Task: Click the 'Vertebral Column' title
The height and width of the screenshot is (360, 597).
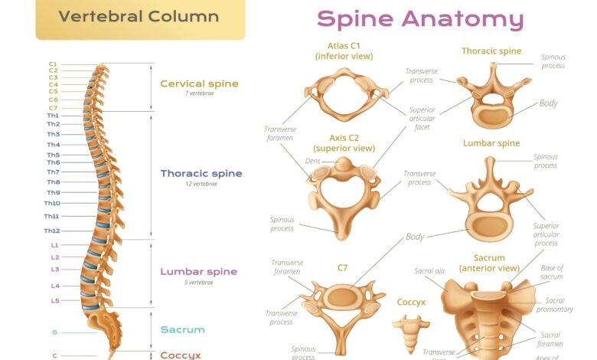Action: pos(139,16)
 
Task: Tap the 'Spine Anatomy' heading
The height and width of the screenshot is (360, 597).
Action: pos(420,19)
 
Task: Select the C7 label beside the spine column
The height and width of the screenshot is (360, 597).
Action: pos(53,108)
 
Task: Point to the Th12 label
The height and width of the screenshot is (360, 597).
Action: pos(52,231)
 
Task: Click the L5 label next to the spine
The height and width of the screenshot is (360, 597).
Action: pos(55,301)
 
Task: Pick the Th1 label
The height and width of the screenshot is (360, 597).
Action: pos(53,116)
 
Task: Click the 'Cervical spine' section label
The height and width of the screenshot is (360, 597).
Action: pos(199,83)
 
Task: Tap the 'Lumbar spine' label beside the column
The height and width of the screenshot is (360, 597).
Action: pos(198,271)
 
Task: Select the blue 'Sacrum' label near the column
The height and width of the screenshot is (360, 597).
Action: pos(182,329)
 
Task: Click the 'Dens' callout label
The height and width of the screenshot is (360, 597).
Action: pos(312,161)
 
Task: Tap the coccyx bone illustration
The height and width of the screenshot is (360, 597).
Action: pos(411,330)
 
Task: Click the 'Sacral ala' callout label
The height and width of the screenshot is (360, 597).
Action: pos(429,271)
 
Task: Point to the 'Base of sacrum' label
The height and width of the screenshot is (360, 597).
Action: pos(552,272)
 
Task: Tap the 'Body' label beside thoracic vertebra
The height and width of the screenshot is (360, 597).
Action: pos(548,103)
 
